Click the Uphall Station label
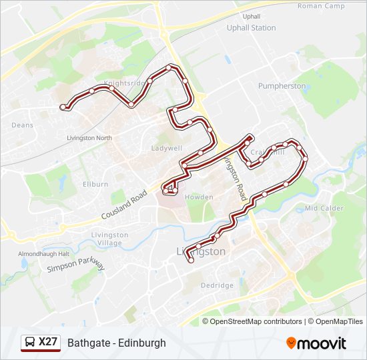click(251, 28)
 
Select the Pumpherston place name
click(282, 86)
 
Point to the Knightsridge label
click(124, 83)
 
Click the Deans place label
click(22, 125)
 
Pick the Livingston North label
click(89, 138)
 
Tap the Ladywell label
click(166, 148)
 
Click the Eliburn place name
click(95, 184)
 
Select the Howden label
click(199, 197)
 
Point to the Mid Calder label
click(324, 208)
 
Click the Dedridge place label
click(217, 285)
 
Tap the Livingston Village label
click(110, 239)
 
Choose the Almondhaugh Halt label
click(44, 254)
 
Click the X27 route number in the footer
click(48, 342)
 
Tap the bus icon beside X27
click(31, 342)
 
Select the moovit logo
click(316, 343)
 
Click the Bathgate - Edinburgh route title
click(117, 343)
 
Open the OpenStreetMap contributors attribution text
click(256, 321)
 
